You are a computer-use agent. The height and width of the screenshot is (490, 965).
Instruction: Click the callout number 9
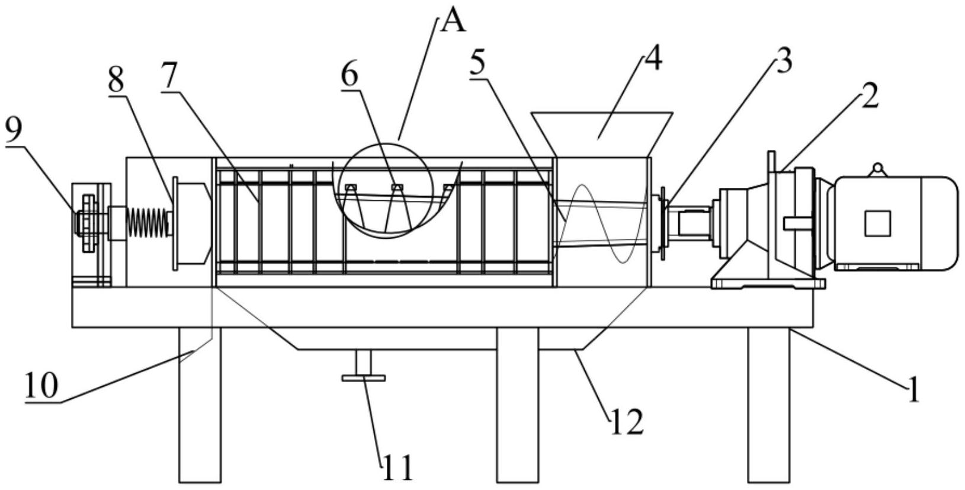pos(14,131)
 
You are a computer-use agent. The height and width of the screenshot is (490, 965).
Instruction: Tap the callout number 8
pos(116,81)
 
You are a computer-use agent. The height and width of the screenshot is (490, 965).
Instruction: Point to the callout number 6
pos(350,75)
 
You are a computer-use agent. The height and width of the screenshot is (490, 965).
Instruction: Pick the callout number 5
pos(478,62)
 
